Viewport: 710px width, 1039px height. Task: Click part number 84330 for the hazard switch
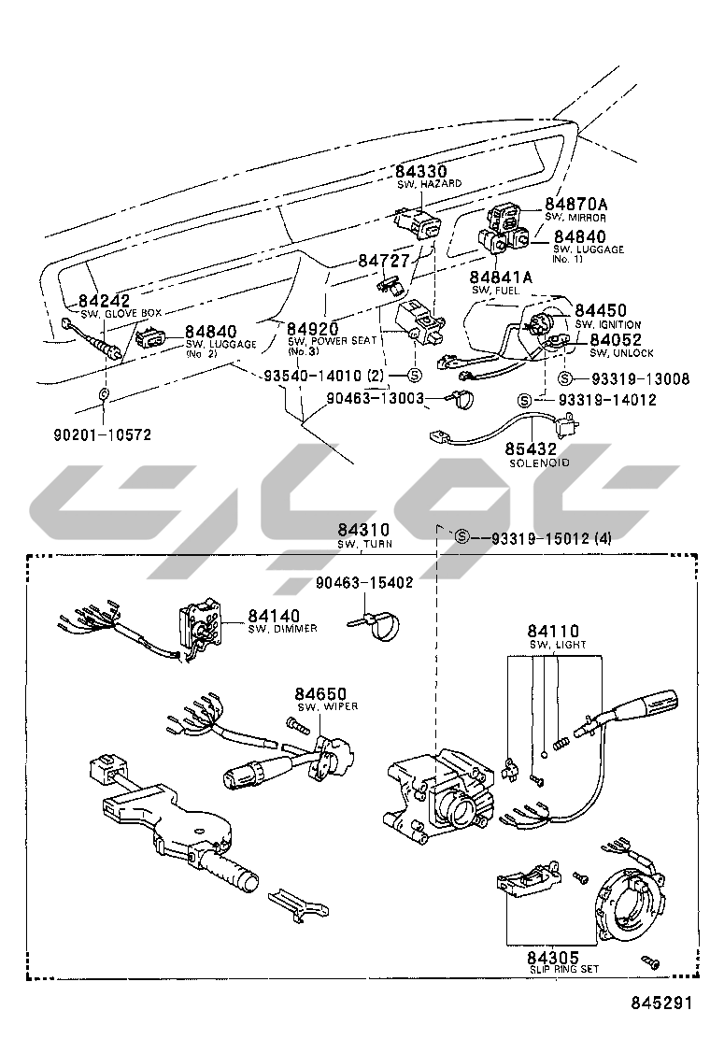click(420, 171)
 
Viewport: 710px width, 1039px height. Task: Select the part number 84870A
click(576, 204)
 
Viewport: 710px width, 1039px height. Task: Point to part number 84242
click(105, 302)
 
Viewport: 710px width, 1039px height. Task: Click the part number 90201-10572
click(103, 434)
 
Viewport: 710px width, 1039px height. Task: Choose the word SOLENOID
click(539, 463)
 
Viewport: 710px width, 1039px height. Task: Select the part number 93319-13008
click(640, 378)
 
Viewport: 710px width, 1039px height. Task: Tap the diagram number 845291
click(662, 1004)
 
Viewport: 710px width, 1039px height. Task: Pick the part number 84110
click(552, 632)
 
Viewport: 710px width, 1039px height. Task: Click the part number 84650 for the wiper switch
click(320, 693)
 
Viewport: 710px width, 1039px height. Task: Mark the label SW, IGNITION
click(608, 324)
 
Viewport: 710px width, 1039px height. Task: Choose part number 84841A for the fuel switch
click(501, 277)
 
